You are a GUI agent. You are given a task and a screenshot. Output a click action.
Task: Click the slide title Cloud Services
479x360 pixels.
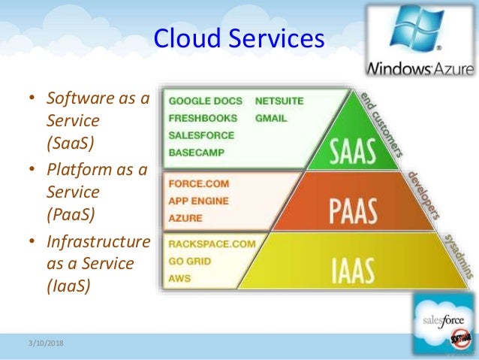point(239,38)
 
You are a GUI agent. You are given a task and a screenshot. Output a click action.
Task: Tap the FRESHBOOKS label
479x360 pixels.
point(203,118)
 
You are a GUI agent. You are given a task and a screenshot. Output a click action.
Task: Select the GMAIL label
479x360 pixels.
point(271,118)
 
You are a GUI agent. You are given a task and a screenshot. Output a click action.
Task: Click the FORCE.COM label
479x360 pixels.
point(199,183)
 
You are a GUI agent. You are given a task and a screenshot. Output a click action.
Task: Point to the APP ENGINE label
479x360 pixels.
point(200,201)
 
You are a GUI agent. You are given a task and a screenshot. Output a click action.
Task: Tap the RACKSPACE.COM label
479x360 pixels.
point(212,244)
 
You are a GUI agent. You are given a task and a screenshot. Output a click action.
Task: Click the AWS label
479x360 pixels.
point(180,279)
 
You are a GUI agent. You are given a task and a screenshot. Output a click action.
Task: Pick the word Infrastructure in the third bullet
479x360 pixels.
point(98,242)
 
